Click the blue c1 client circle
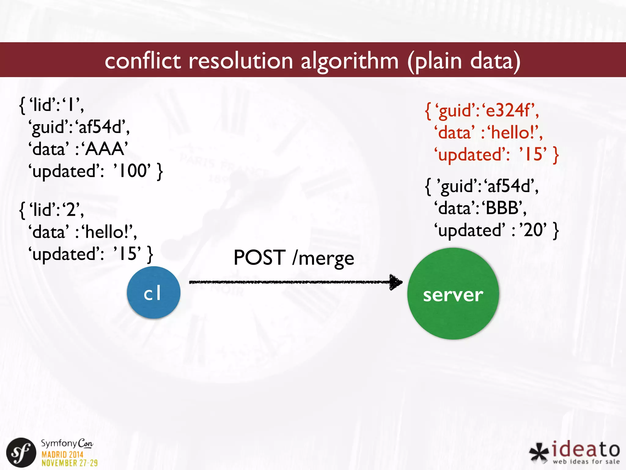click(153, 293)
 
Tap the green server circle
click(453, 294)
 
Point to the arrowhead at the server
click(396, 282)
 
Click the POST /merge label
click(294, 258)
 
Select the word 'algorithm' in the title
click(350, 61)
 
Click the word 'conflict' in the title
click(143, 61)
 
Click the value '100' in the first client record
click(132, 171)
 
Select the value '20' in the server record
click(534, 230)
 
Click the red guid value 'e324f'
click(509, 110)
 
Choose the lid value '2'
click(71, 210)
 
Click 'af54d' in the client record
click(101, 127)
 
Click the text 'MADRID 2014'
click(62, 454)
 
